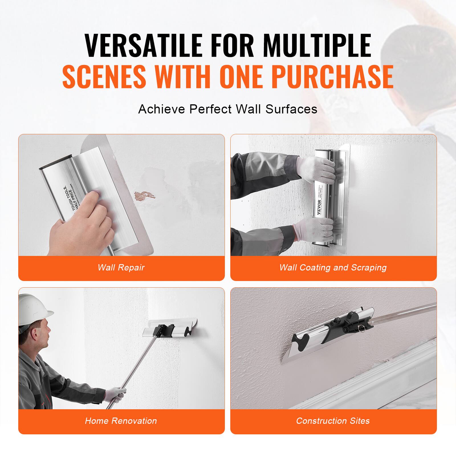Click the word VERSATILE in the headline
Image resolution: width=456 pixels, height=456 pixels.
[143, 46]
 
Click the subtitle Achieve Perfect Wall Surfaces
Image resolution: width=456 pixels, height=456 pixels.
[228, 109]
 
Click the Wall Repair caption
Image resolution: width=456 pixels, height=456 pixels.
[121, 267]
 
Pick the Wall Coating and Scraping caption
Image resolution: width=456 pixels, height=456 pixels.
[333, 267]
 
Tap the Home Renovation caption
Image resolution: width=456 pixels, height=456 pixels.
[121, 421]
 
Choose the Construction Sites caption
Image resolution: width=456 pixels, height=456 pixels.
[333, 421]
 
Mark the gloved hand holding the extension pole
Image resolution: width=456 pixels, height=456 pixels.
[115, 394]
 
